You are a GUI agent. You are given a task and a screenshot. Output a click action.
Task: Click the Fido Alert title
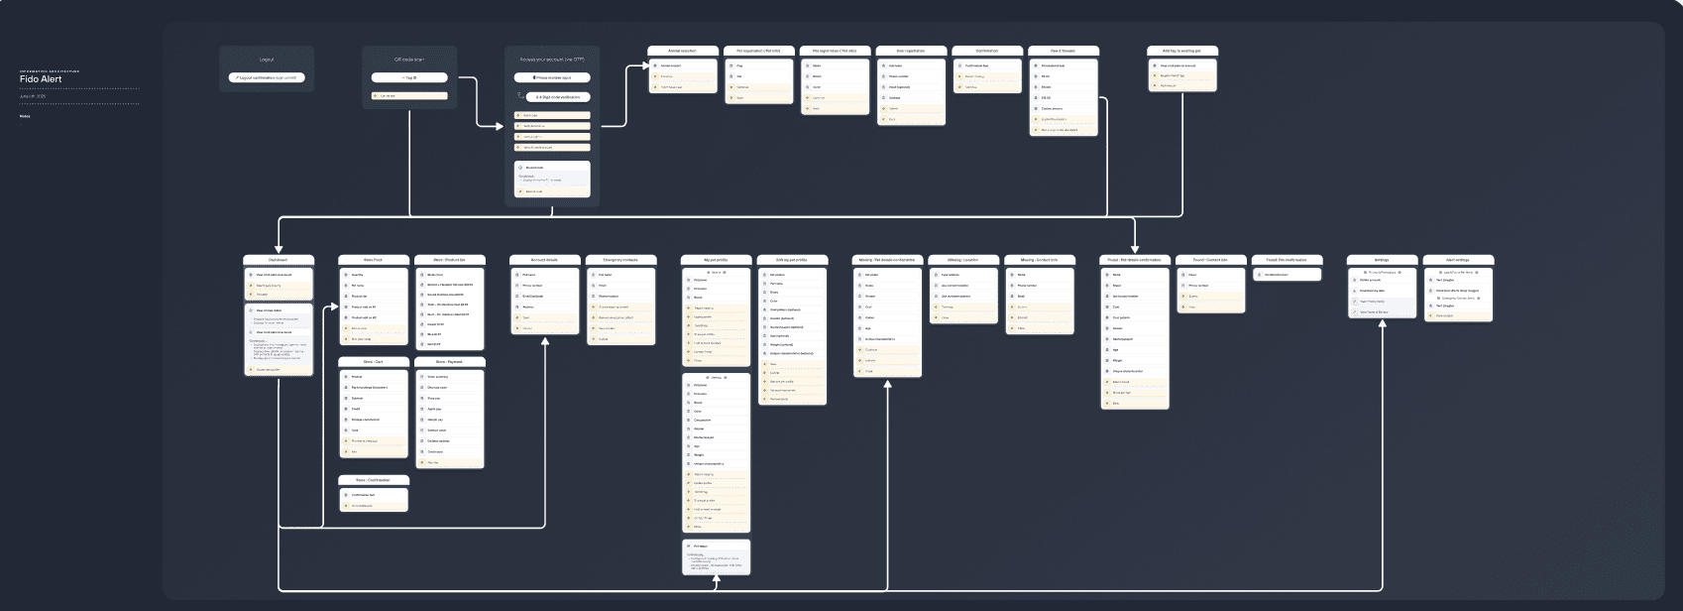click(41, 79)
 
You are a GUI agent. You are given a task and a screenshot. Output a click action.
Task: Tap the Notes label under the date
click(25, 116)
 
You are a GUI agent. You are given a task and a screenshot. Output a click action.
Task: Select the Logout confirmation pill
click(267, 77)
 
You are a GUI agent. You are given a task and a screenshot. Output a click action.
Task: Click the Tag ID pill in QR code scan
click(409, 77)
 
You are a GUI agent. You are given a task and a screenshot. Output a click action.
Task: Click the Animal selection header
click(682, 51)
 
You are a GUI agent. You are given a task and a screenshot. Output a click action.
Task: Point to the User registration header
click(910, 51)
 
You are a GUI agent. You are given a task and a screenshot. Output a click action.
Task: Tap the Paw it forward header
click(1063, 51)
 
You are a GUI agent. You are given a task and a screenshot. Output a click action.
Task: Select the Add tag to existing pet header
click(1181, 51)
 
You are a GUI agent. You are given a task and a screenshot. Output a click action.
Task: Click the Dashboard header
click(279, 260)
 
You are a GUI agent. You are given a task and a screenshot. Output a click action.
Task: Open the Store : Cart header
click(373, 362)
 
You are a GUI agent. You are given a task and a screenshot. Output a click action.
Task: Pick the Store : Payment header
click(450, 362)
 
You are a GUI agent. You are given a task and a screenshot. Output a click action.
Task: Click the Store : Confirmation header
click(373, 480)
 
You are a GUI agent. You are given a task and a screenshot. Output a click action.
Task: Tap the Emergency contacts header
click(621, 260)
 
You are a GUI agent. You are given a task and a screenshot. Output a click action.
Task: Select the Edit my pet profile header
click(792, 260)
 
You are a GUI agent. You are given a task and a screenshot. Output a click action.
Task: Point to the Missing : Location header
click(962, 260)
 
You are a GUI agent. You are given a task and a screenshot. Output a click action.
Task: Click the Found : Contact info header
click(1210, 260)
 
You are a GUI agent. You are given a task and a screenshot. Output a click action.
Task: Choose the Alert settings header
click(1458, 260)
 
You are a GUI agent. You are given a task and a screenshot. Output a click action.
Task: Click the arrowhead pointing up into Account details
click(545, 338)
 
